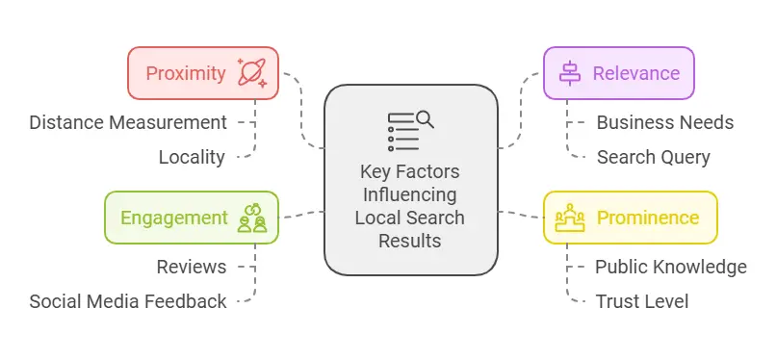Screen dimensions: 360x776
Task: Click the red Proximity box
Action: [x=203, y=73]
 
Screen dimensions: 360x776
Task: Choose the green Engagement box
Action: [x=192, y=218]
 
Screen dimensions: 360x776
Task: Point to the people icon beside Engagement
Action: [x=252, y=218]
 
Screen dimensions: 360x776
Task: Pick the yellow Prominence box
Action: [x=630, y=218]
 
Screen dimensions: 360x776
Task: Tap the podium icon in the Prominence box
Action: [x=571, y=218]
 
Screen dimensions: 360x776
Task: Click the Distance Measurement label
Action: [x=128, y=122]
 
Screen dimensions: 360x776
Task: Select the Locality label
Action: [x=192, y=157]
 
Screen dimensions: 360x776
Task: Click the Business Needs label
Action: [x=664, y=122]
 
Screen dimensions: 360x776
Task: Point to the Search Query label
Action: [x=653, y=157]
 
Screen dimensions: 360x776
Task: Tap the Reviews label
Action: [x=192, y=267]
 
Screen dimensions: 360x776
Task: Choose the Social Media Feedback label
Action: [x=128, y=301]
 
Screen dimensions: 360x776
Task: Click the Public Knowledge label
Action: [x=670, y=267]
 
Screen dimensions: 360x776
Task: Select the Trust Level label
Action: [x=641, y=301]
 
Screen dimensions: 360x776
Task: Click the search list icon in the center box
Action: [x=410, y=131]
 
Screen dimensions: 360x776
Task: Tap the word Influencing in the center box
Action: [x=410, y=195]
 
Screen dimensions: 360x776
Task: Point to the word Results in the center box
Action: [x=410, y=240]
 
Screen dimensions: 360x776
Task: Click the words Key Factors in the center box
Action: [x=410, y=173]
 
